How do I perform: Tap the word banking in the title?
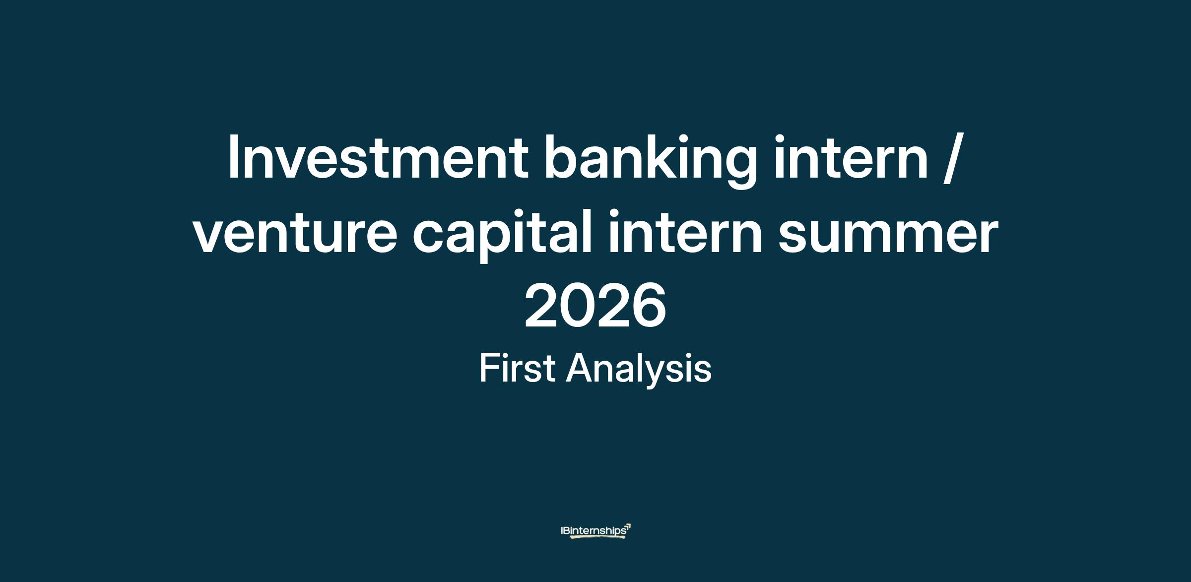pos(651,161)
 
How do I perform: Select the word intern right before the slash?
pos(851,157)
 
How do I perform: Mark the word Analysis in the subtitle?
pos(639,370)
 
